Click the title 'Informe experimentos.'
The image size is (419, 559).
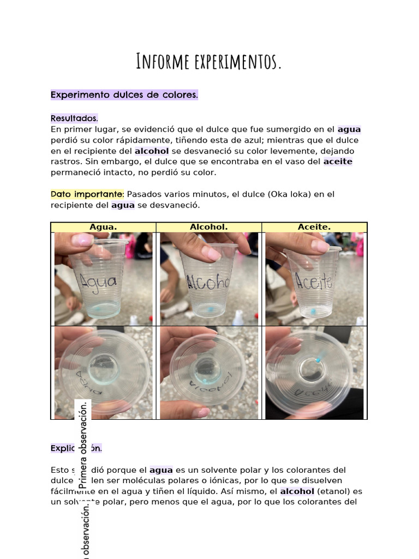click(209, 62)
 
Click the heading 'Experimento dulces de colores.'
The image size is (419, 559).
click(124, 95)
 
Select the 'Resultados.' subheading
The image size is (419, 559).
click(74, 118)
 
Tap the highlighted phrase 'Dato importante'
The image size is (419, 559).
click(87, 194)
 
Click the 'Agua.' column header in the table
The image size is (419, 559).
click(103, 227)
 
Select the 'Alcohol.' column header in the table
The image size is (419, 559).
click(209, 227)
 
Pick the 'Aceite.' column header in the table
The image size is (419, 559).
click(314, 227)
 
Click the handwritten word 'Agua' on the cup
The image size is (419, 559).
click(98, 282)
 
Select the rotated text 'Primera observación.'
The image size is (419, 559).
click(83, 445)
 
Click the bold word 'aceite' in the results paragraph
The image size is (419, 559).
click(338, 162)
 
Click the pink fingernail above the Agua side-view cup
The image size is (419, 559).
click(83, 239)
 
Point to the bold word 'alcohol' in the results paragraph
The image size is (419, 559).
click(153, 151)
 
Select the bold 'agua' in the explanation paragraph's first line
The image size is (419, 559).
click(161, 469)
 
